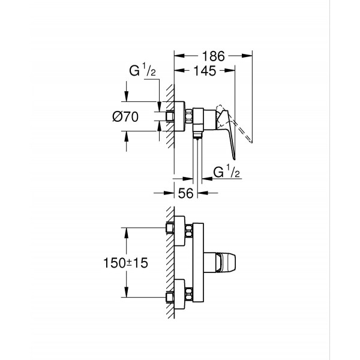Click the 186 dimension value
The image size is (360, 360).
213,56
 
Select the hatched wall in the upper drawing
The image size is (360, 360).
170,114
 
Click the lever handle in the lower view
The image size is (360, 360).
229,262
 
